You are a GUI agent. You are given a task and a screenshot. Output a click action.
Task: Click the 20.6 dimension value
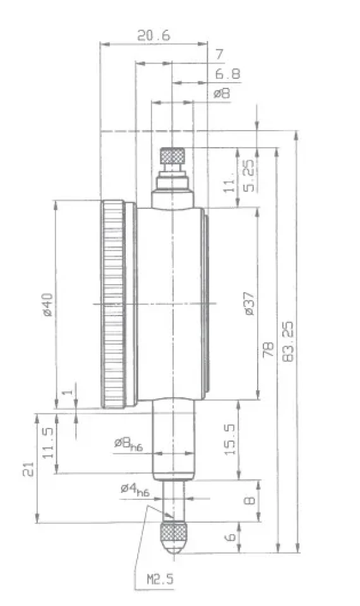point(153,35)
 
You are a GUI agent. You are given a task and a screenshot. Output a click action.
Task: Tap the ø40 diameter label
point(47,304)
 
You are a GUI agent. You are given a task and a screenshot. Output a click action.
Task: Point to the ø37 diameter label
point(249,304)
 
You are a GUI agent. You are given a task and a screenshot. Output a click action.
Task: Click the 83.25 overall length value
point(288,342)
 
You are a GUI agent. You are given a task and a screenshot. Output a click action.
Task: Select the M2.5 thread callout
point(160,579)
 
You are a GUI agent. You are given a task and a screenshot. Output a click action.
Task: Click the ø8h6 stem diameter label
point(128,444)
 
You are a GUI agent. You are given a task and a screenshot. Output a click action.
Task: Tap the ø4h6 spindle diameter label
point(135,490)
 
